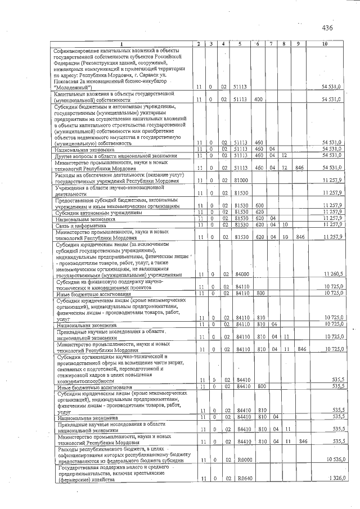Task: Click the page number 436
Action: (327, 28)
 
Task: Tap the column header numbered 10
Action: (325, 44)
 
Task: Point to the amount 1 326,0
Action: (335, 478)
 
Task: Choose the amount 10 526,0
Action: (333, 460)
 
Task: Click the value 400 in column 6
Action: (259, 99)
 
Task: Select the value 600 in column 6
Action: (259, 205)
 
